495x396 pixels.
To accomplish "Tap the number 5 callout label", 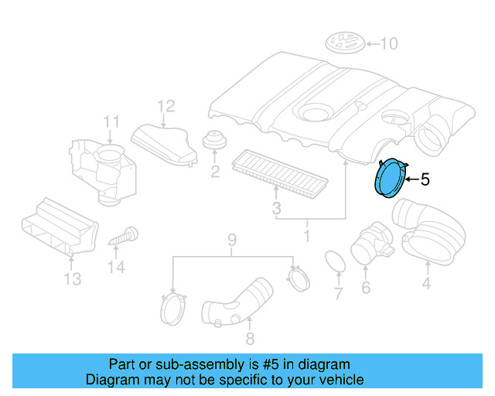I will point(424,180).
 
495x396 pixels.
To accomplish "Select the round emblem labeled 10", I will point(345,43).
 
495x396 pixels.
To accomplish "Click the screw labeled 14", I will point(121,235).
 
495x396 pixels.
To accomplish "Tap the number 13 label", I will point(72,279).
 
